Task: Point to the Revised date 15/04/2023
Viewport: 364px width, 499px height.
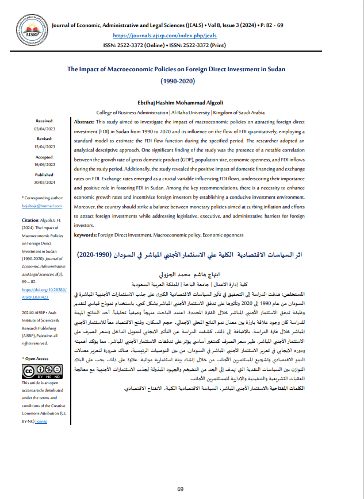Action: point(45,146)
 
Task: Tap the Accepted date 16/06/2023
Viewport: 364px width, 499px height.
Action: point(45,163)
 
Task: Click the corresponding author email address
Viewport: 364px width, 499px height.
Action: point(38,205)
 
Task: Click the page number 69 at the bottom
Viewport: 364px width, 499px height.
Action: point(181,489)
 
